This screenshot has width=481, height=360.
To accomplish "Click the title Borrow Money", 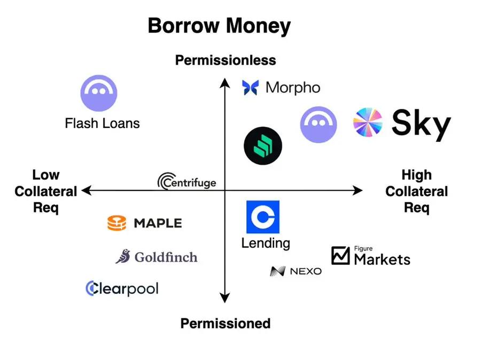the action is click(219, 26).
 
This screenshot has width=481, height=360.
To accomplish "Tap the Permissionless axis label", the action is click(226, 60).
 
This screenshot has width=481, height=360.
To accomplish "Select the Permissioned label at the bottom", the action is click(226, 324).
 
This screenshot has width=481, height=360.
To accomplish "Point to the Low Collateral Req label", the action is click(46, 191).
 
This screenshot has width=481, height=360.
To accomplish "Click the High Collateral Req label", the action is click(416, 191).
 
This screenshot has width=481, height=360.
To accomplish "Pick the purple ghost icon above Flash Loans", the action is click(99, 93).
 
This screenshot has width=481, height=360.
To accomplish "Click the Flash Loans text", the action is click(102, 124).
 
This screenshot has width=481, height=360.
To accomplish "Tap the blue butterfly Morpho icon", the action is click(250, 88).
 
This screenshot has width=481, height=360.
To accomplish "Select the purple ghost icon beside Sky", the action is click(319, 125).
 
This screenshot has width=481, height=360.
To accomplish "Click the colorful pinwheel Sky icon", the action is click(368, 122).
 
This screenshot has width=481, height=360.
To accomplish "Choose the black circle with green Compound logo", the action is click(263, 146).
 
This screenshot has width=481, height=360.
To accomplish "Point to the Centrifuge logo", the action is click(187, 181).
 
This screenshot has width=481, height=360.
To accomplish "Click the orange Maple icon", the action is click(117, 223).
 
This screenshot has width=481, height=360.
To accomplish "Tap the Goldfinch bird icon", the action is click(123, 256).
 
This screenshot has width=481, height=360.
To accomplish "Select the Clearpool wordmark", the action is click(122, 288).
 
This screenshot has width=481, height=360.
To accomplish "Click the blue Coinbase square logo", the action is click(263, 217).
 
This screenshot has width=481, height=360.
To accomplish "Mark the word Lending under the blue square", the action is click(266, 243).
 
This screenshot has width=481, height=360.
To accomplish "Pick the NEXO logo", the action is click(296, 271).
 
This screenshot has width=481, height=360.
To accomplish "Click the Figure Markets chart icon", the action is click(340, 255).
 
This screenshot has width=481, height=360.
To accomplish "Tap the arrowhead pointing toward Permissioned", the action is click(225, 298).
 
